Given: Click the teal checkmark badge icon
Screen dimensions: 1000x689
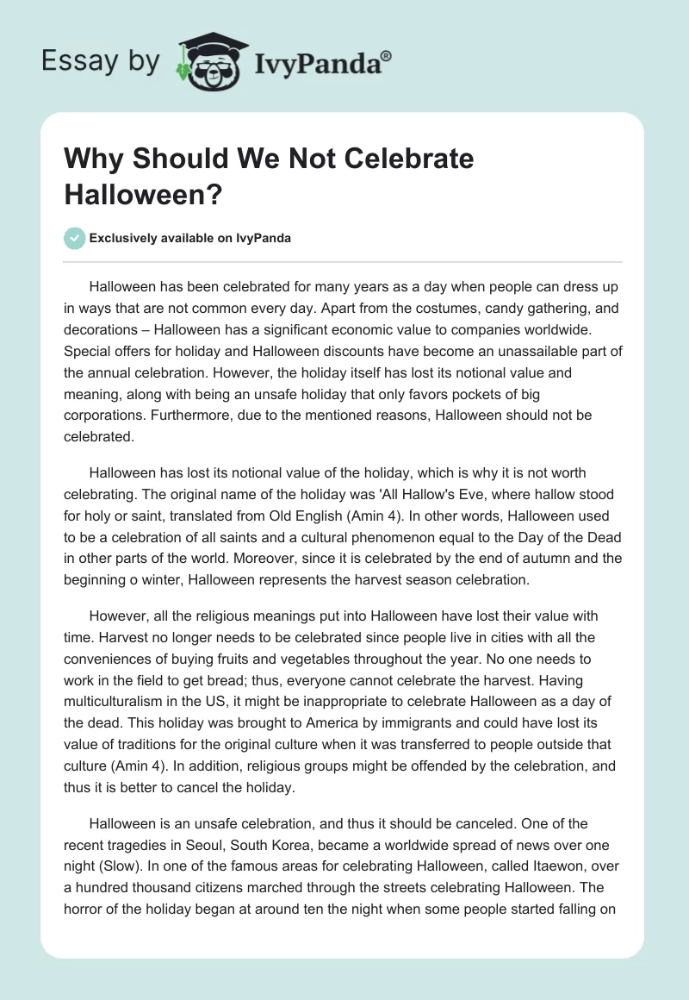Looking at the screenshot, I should (x=75, y=238).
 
